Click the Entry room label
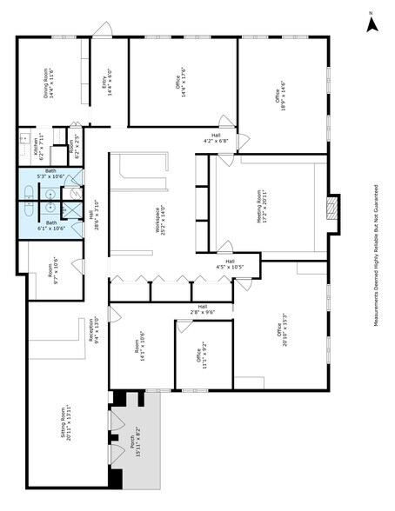[107, 82]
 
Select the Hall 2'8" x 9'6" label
[202, 309]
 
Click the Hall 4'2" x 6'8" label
[215, 137]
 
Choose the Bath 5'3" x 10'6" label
[51, 174]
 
